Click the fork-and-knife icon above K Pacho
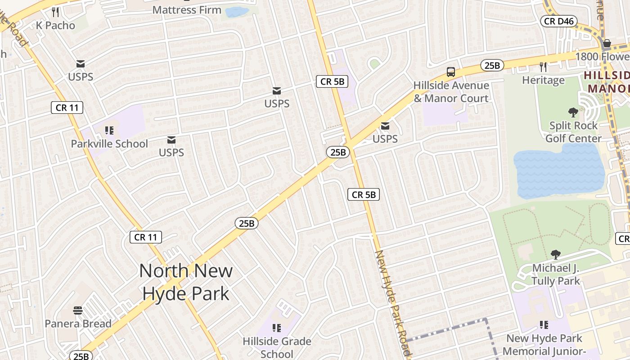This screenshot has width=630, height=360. tap(55, 12)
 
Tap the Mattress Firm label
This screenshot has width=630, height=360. tap(187, 9)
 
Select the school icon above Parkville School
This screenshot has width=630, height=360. tap(109, 130)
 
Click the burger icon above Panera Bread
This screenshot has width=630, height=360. tap(78, 310)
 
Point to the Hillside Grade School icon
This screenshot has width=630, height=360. tap(277, 328)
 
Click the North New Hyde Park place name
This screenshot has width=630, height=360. tap(186, 282)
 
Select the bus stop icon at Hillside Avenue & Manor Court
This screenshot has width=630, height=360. tap(450, 72)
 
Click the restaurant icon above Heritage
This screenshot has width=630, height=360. tap(543, 67)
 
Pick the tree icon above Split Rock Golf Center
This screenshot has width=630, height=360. tap(573, 112)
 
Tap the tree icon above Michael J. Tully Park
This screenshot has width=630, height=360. tap(556, 255)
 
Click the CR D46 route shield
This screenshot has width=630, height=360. tap(558, 21)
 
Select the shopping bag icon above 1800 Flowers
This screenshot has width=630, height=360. tap(607, 43)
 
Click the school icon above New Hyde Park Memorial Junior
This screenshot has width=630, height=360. tap(544, 325)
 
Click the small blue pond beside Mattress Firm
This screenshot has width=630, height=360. tap(237, 12)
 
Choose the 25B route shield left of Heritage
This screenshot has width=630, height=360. tap(492, 66)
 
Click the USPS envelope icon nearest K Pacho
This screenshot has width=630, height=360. tap(81, 64)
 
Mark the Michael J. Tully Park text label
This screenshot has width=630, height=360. tap(555, 274)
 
